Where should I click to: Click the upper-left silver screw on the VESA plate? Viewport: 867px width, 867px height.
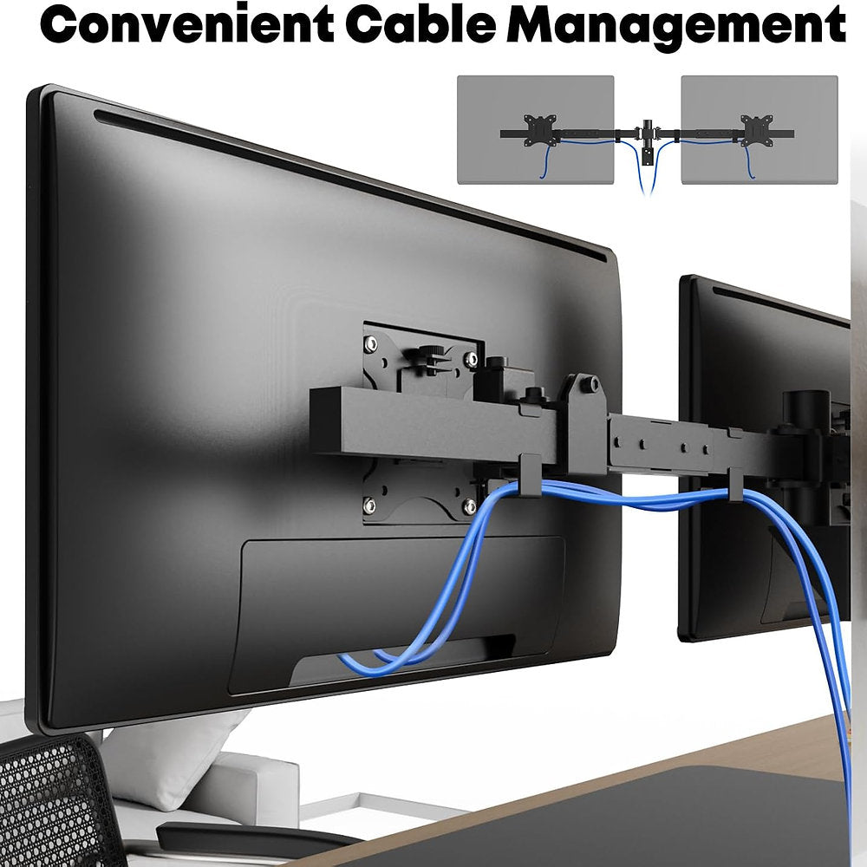(370, 344)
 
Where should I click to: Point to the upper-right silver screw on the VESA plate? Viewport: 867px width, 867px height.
(471, 360)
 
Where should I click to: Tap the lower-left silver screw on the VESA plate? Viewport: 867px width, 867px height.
(369, 505)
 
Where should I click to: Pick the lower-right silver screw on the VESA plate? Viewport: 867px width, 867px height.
(469, 505)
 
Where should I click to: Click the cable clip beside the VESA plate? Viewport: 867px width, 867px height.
(531, 475)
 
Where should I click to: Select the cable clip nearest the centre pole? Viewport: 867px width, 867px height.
(735, 485)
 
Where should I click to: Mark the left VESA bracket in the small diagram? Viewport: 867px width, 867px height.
(539, 131)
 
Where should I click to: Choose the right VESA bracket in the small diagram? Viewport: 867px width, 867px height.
(756, 131)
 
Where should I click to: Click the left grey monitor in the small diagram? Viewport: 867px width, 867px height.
(535, 129)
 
